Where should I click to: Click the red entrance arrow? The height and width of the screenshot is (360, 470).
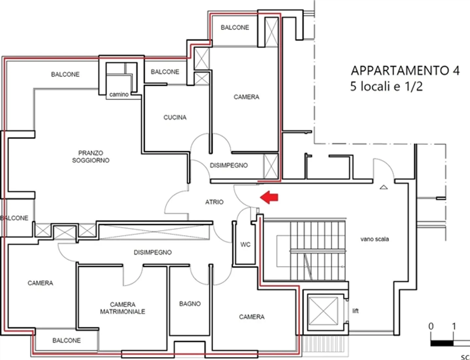[269, 197]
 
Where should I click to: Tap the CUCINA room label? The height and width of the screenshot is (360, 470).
[175, 117]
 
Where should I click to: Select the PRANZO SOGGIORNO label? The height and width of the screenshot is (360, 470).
[91, 156]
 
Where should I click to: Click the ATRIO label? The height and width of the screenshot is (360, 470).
[214, 202]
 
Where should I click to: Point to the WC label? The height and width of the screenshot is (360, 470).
[245, 244]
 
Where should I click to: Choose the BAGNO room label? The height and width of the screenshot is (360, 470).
[190, 304]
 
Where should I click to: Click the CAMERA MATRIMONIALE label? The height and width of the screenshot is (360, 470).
[123, 308]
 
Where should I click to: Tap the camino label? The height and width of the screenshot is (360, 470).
[119, 94]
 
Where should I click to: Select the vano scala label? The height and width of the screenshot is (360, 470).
[374, 239]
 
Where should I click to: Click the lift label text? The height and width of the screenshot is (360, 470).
[355, 311]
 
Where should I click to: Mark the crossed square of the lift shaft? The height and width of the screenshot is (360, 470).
[323, 311]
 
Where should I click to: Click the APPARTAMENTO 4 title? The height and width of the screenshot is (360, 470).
[405, 71]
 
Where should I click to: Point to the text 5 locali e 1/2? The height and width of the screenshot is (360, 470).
[386, 87]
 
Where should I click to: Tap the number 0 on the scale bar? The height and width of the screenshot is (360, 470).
[431, 326]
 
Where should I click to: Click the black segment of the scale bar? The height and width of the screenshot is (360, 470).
[442, 343]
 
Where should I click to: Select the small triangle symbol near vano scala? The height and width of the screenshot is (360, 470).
[384, 188]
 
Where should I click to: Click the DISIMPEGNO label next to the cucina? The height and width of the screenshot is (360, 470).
[229, 165]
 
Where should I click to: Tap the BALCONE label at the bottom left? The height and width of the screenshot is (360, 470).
[67, 340]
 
